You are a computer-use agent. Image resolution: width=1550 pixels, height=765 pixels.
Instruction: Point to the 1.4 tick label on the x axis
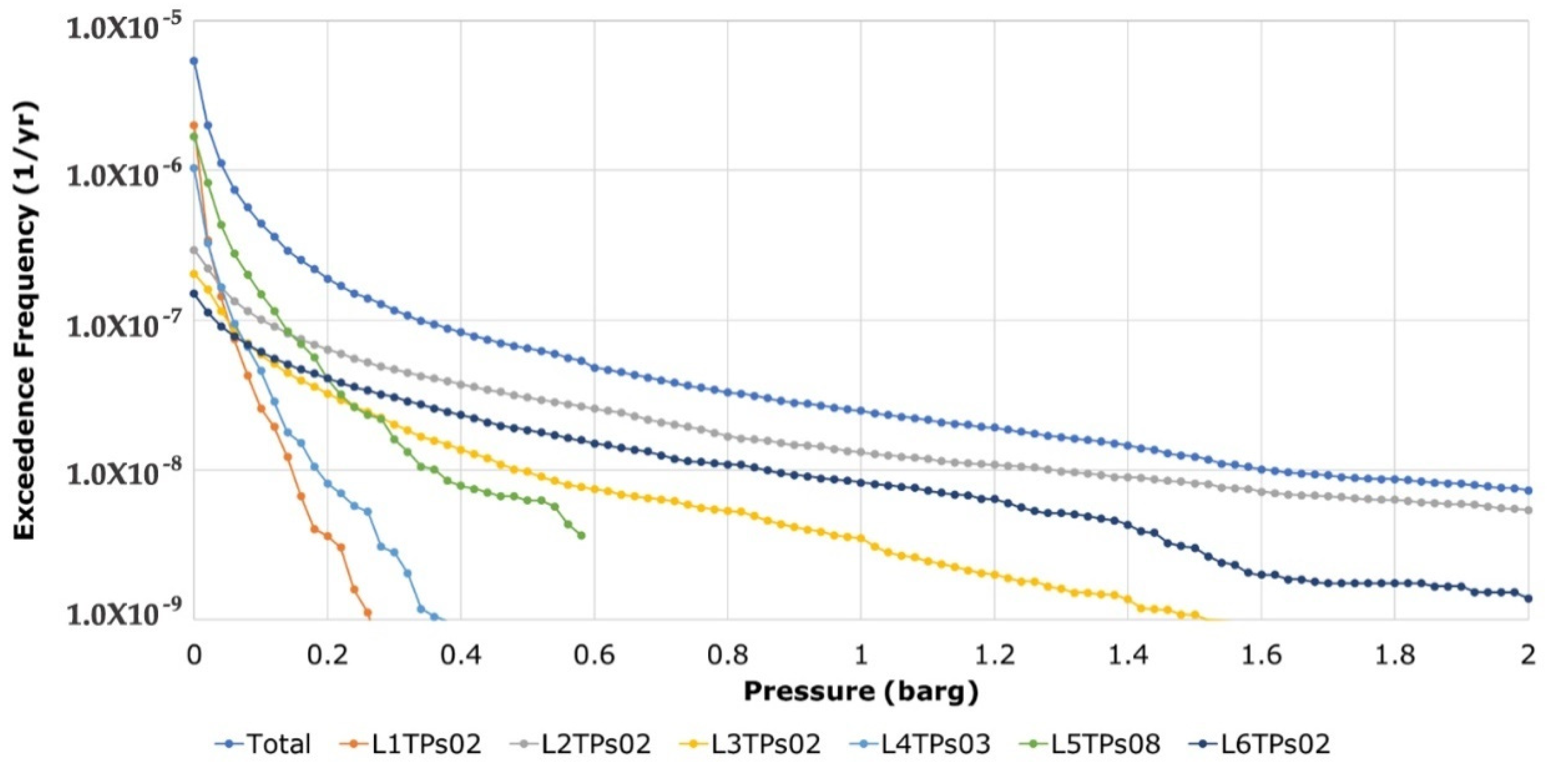1128,655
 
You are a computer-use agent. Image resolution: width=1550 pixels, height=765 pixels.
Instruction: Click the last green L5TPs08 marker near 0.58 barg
581,535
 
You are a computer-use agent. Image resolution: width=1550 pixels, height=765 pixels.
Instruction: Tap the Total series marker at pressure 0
194,61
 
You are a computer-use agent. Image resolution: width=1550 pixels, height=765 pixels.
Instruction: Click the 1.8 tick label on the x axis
1395,655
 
